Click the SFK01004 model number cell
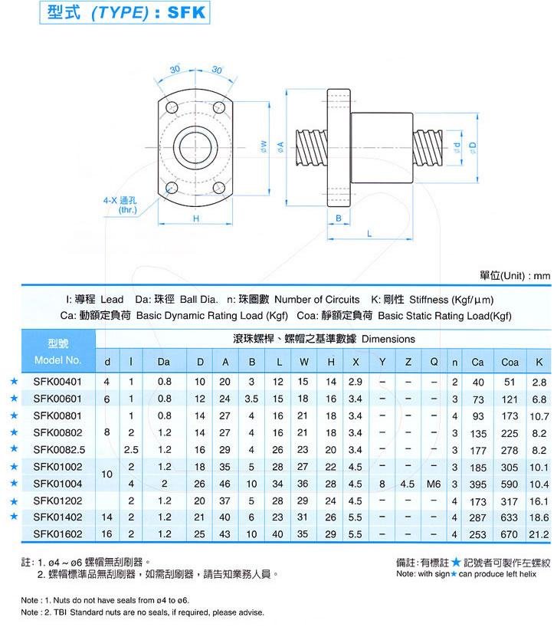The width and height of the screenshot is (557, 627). pyautogui.click(x=57, y=484)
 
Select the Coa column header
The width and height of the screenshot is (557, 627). pyautogui.click(x=509, y=363)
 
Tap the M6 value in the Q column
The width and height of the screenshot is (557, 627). pyautogui.click(x=434, y=484)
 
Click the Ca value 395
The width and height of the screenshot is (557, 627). pyautogui.click(x=478, y=484)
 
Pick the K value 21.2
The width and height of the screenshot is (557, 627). pyautogui.click(x=539, y=534)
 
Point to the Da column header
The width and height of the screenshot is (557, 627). pyautogui.click(x=164, y=362)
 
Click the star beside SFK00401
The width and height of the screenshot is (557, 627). pyautogui.click(x=14, y=381)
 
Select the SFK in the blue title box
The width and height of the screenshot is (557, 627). pyautogui.click(x=187, y=12)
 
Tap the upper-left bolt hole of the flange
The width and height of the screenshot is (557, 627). pyautogui.click(x=172, y=107)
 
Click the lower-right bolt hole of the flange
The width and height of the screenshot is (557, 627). pyautogui.click(x=219, y=188)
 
